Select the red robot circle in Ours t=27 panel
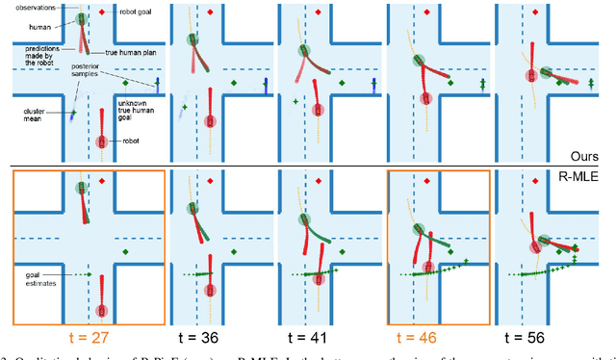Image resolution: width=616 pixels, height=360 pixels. coord(102,142)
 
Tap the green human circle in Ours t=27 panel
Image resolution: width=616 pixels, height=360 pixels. coord(81,17)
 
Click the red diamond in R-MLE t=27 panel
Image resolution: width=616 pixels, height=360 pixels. coord(102,181)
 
